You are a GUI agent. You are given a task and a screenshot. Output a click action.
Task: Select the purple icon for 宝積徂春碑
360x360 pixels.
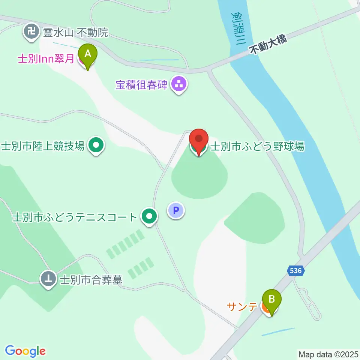point(179,85)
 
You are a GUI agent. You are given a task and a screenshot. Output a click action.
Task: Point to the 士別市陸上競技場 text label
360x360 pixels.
point(43,146)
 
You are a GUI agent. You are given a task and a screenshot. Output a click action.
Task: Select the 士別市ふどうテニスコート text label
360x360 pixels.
point(75,217)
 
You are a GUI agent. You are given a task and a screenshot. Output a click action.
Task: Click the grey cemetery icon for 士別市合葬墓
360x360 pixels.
point(48,279)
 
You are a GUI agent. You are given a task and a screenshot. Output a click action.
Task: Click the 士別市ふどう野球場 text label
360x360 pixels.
point(257,146)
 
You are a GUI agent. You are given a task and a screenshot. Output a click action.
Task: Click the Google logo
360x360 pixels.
point(25,351)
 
